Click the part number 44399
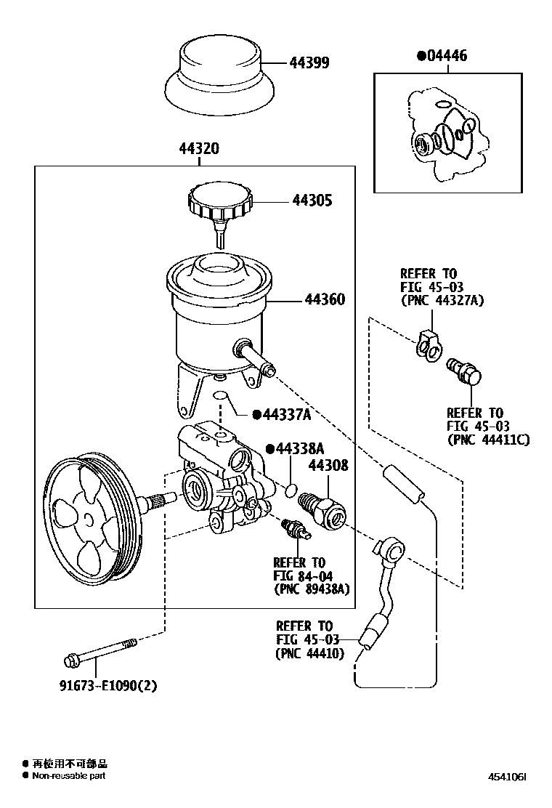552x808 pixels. pos(309,63)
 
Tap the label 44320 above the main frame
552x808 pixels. pos(199,149)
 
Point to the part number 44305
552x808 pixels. pos(312,201)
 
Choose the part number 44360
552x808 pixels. pos(325,299)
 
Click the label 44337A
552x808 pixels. pos(286,414)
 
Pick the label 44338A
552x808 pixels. pos(299,449)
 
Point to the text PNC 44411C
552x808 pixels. pos(489,440)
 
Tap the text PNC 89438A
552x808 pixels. pos(312,589)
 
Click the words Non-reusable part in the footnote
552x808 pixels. pos(68,776)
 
